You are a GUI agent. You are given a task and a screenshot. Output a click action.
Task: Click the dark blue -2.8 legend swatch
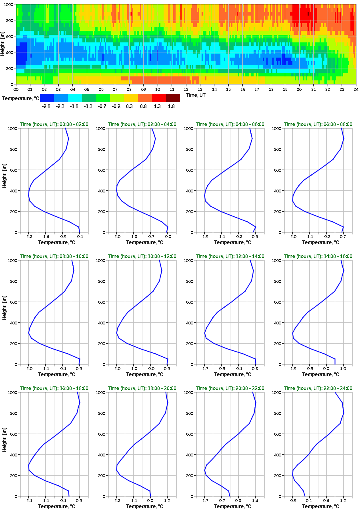tap(47, 98)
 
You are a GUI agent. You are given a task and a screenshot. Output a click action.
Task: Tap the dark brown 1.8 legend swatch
tap(173, 98)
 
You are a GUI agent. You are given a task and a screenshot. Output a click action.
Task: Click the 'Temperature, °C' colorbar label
tap(20, 98)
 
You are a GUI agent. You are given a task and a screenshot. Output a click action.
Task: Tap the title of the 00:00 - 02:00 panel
tap(54, 124)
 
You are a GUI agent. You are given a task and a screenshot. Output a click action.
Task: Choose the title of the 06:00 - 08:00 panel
tap(318, 124)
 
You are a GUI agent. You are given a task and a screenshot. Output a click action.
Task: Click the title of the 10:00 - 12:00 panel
tap(142, 256)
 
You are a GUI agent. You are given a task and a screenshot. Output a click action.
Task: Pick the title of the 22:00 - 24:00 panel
tap(318, 388)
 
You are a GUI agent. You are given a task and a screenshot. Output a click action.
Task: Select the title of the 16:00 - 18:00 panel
tap(54, 388)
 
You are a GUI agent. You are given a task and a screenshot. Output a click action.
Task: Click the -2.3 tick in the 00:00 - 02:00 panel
tap(29, 236)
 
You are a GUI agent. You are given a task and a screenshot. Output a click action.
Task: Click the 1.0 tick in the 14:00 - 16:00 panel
tap(343, 368)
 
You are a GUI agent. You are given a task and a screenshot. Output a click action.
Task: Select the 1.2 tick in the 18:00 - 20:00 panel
tap(167, 500)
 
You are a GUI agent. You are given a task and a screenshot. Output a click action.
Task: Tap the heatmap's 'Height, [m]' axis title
tap(3, 44)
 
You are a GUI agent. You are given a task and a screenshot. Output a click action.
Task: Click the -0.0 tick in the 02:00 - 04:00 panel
tap(167, 236)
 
